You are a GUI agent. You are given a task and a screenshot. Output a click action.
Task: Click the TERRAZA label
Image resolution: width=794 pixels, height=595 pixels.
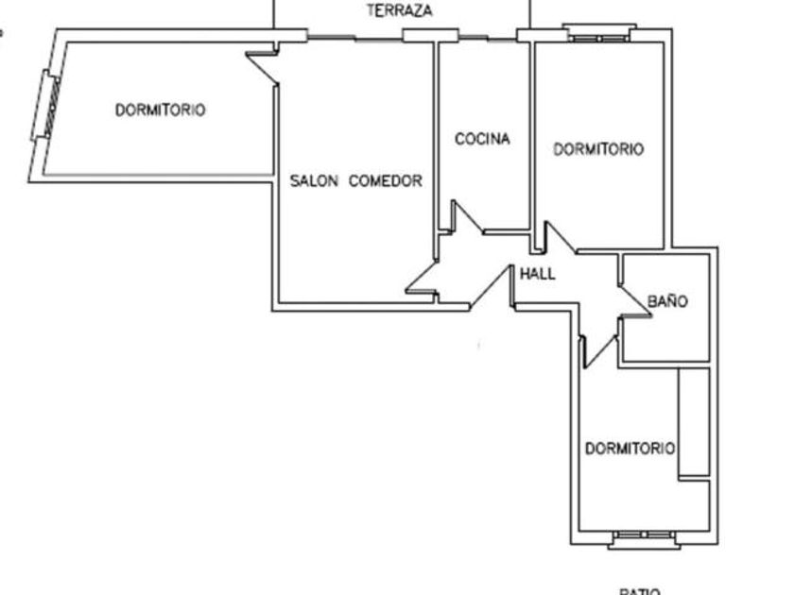(400, 11)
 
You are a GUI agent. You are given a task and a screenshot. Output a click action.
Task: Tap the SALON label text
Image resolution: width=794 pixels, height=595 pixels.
(313, 180)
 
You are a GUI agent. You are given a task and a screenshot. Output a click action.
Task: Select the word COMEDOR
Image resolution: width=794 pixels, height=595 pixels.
(386, 180)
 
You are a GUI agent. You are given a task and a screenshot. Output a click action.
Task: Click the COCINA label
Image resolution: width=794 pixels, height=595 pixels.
(482, 139)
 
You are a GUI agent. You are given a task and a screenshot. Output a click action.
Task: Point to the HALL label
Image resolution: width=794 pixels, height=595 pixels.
(538, 275)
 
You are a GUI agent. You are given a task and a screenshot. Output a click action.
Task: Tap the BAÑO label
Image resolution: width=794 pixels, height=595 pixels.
(667, 302)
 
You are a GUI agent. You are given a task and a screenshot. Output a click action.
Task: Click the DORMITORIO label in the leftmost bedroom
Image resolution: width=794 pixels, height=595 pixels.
(160, 110)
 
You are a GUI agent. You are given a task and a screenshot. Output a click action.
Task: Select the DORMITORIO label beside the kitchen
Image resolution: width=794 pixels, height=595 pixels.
(598, 149)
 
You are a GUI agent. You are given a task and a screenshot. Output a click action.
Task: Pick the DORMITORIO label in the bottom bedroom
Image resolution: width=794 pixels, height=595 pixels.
(630, 449)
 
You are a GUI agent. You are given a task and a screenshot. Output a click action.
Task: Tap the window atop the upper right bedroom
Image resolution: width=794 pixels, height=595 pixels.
(599, 34)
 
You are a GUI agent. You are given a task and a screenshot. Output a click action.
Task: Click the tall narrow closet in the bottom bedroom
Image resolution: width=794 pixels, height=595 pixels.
(694, 421)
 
